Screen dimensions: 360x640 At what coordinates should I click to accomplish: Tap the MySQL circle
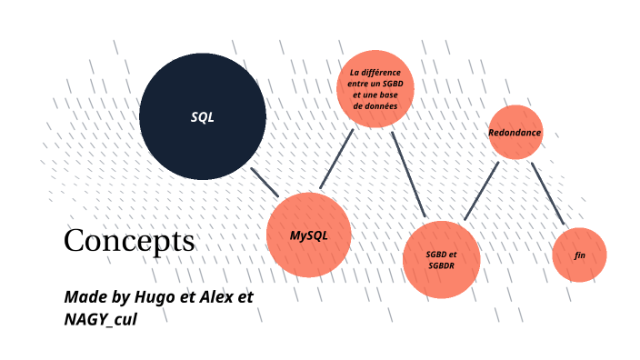[308, 235]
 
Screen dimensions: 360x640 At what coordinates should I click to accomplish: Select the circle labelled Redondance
[515, 133]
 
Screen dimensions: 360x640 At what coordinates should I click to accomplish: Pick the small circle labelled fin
[579, 255]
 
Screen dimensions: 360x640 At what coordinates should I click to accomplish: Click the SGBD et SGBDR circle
[441, 259]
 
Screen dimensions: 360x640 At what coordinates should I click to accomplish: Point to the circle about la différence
[375, 87]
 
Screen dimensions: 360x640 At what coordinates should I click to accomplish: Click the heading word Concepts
[129, 241]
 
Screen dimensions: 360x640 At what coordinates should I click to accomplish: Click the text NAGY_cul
[101, 319]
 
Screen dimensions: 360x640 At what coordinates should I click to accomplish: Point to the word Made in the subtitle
[84, 297]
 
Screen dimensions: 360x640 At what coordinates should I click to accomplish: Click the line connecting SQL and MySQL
[265, 182]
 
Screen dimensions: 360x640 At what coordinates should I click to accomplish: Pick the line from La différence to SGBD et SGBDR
[408, 175]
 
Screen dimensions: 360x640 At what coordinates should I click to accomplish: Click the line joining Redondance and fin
[547, 194]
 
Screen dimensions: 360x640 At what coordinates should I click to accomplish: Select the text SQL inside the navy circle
[202, 117]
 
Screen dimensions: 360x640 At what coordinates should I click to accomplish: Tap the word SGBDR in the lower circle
[441, 265]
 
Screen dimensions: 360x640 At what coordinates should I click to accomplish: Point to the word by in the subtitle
[118, 298]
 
